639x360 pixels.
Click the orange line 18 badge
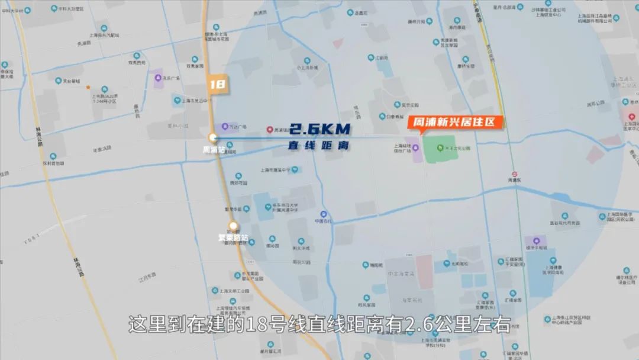(x=217, y=84)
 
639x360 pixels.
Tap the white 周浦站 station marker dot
(x=213, y=138)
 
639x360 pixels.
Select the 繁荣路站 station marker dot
(x=234, y=226)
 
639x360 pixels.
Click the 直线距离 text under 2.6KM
(x=317, y=144)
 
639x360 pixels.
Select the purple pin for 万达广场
(x=225, y=126)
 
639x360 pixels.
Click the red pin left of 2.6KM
(x=270, y=129)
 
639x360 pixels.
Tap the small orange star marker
(x=88, y=87)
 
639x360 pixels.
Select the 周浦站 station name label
(x=214, y=150)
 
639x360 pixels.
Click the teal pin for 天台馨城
(x=59, y=81)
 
